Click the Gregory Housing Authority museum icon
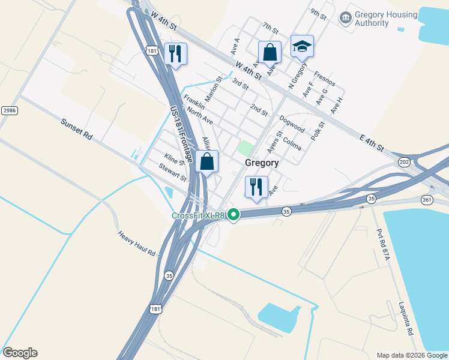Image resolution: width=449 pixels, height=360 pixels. pos(346,18)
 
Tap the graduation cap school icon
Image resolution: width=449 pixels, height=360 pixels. pos(303,46)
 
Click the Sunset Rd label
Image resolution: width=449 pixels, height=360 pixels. pos(76,129)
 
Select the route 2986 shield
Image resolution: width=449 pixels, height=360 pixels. pos(9,110)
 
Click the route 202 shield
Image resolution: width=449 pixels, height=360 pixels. pos(404,162)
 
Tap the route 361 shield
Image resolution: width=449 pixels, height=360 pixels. pos(427,199)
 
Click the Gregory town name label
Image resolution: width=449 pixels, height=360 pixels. pos(262,163)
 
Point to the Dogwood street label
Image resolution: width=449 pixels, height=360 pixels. pos(292,125)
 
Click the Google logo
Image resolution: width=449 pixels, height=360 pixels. pos(20,353)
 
